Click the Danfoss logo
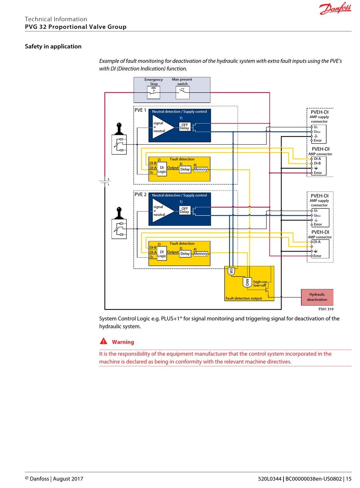coord(335,8)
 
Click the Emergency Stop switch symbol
coord(153,92)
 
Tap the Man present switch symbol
coord(182,92)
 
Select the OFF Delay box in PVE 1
coord(185,127)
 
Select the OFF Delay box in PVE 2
coord(185,210)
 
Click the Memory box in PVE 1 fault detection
coord(200,169)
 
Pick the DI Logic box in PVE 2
coord(162,254)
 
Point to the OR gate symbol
coord(231,271)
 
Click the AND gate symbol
coord(247,282)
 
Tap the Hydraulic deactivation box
coord(317,297)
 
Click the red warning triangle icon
coord(103,341)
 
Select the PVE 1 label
coord(140,110)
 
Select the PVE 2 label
coord(140,194)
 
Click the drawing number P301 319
coord(326,309)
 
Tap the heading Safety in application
coord(53,46)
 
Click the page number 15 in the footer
coord(349,479)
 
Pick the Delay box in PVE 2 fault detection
coord(185,254)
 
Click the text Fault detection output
coord(244,298)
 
